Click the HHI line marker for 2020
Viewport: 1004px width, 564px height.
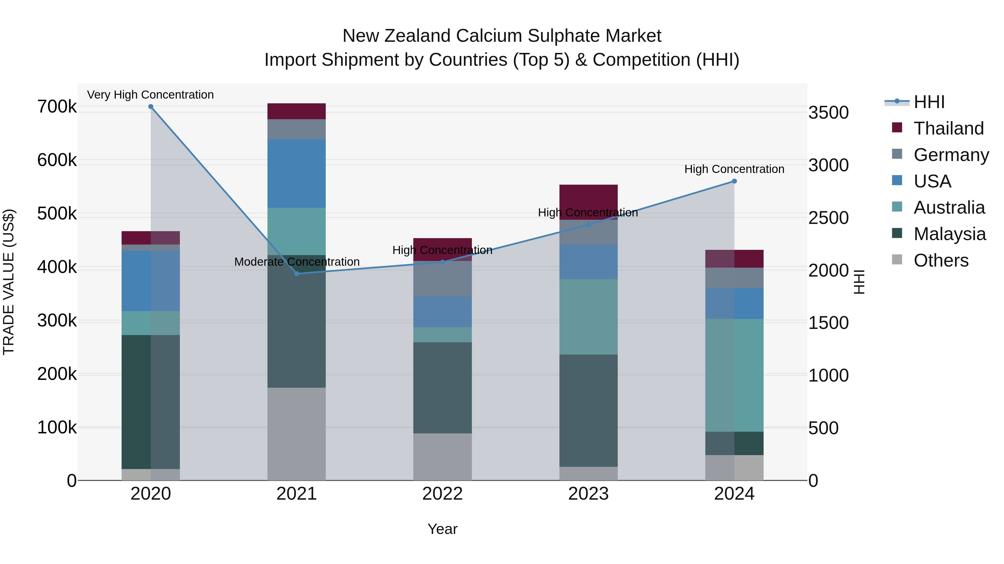pos(151,107)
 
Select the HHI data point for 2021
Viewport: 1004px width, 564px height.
pos(297,274)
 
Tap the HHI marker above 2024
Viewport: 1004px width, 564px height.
pos(734,181)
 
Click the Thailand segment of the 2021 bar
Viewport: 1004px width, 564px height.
pos(297,111)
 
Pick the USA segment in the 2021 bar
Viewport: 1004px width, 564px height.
pos(297,174)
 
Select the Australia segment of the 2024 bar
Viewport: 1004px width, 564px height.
pos(734,375)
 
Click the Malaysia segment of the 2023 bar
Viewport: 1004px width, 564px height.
pos(588,411)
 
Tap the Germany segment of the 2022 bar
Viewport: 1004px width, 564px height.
pos(442,279)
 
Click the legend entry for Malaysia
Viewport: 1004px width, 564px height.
pos(949,234)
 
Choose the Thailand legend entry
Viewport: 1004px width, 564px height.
pos(949,128)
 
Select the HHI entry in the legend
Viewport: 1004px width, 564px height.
pos(929,102)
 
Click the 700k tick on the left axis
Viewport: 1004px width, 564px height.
pos(57,107)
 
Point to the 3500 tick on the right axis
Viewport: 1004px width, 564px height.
pos(829,113)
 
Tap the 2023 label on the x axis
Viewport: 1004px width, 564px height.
pos(588,494)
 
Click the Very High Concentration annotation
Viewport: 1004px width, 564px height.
pos(150,95)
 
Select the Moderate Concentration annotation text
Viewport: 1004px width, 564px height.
pos(297,262)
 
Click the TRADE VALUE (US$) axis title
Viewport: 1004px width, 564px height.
pos(9,282)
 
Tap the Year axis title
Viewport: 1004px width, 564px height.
pos(442,529)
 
